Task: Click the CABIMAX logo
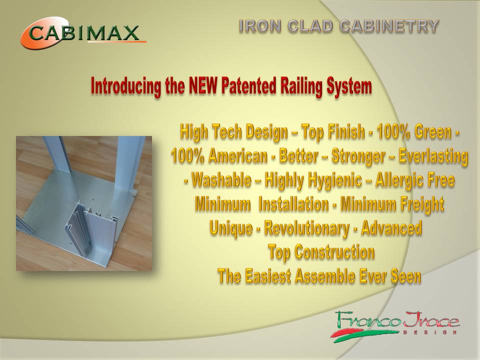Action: point(83,32)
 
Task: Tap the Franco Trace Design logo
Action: point(395,324)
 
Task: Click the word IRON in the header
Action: point(260,25)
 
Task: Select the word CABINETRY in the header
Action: point(389,25)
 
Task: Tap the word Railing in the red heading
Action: point(301,86)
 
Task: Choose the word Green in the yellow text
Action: point(433,132)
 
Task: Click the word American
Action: point(238,156)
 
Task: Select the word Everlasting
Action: point(433,156)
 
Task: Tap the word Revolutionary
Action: point(306,228)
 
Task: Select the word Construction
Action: point(334,252)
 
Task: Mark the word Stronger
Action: point(358,156)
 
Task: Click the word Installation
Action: point(293,204)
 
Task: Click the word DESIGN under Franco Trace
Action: point(431,332)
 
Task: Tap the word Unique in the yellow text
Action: point(231,228)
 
